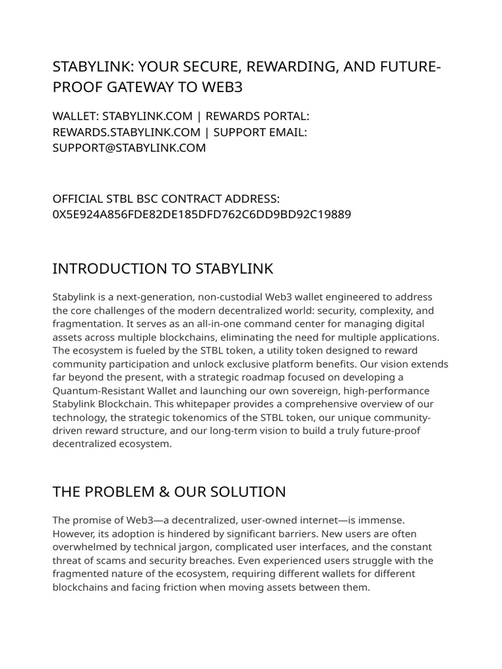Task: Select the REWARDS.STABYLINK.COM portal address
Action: pos(126,132)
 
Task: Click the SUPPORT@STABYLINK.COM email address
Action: pos(129,148)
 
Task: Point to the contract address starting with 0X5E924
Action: pos(201,214)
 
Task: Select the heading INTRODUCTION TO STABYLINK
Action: pos(163,269)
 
